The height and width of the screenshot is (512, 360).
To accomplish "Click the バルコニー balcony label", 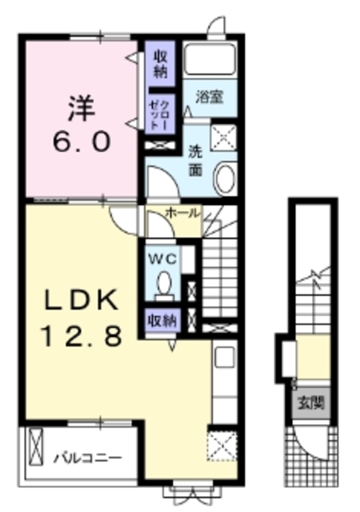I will (x=88, y=458).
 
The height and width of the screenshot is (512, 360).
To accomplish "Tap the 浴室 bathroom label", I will (x=210, y=97).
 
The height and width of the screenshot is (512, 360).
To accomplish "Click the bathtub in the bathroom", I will (x=210, y=59).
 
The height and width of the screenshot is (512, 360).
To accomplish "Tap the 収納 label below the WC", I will (x=162, y=321).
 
